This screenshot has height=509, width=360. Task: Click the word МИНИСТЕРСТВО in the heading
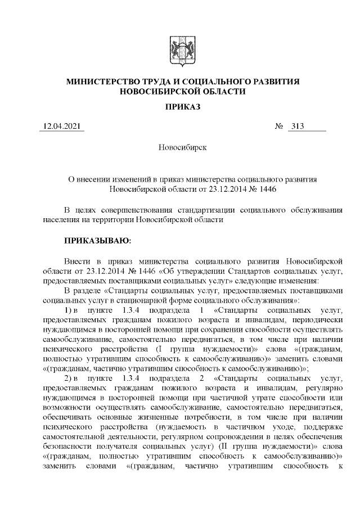pos(103,82)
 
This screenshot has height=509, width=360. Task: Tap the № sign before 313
pos(278,127)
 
